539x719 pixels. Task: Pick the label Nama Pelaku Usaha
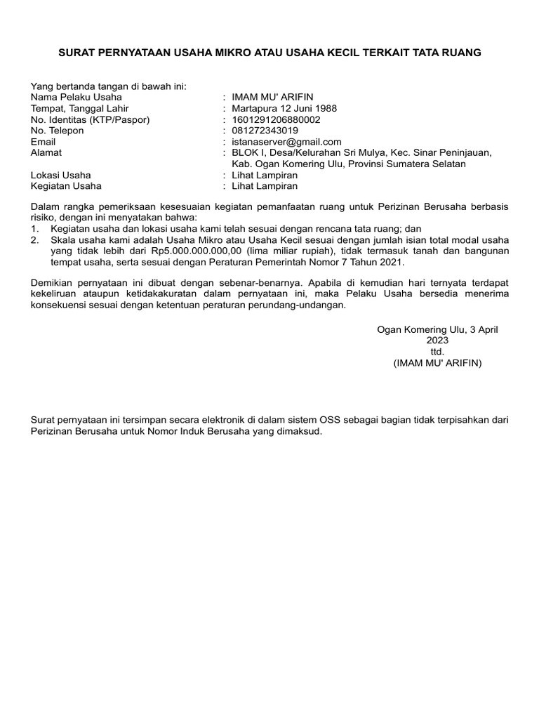76,97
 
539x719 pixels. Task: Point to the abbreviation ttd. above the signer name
438,352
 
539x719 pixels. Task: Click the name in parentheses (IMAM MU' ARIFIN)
438,363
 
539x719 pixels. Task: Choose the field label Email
44,142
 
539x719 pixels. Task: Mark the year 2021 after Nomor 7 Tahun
392,262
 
